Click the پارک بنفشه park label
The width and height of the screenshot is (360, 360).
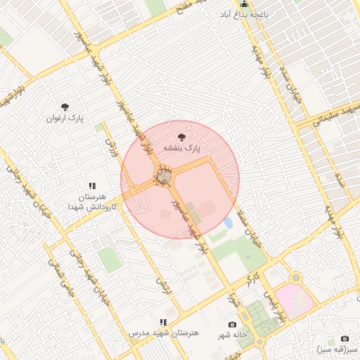coord(183,149)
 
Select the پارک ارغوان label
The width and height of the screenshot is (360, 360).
coord(65,118)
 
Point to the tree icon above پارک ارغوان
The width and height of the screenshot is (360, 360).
coord(65,107)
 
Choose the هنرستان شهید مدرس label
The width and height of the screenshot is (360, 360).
coord(164,332)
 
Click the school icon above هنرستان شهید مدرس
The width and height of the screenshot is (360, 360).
coord(163,321)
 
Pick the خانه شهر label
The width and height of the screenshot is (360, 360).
coord(232,335)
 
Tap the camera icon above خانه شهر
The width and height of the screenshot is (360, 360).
coord(232,324)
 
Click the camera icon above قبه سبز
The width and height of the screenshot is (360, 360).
coord(345,338)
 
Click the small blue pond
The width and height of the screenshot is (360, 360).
coord(228,223)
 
